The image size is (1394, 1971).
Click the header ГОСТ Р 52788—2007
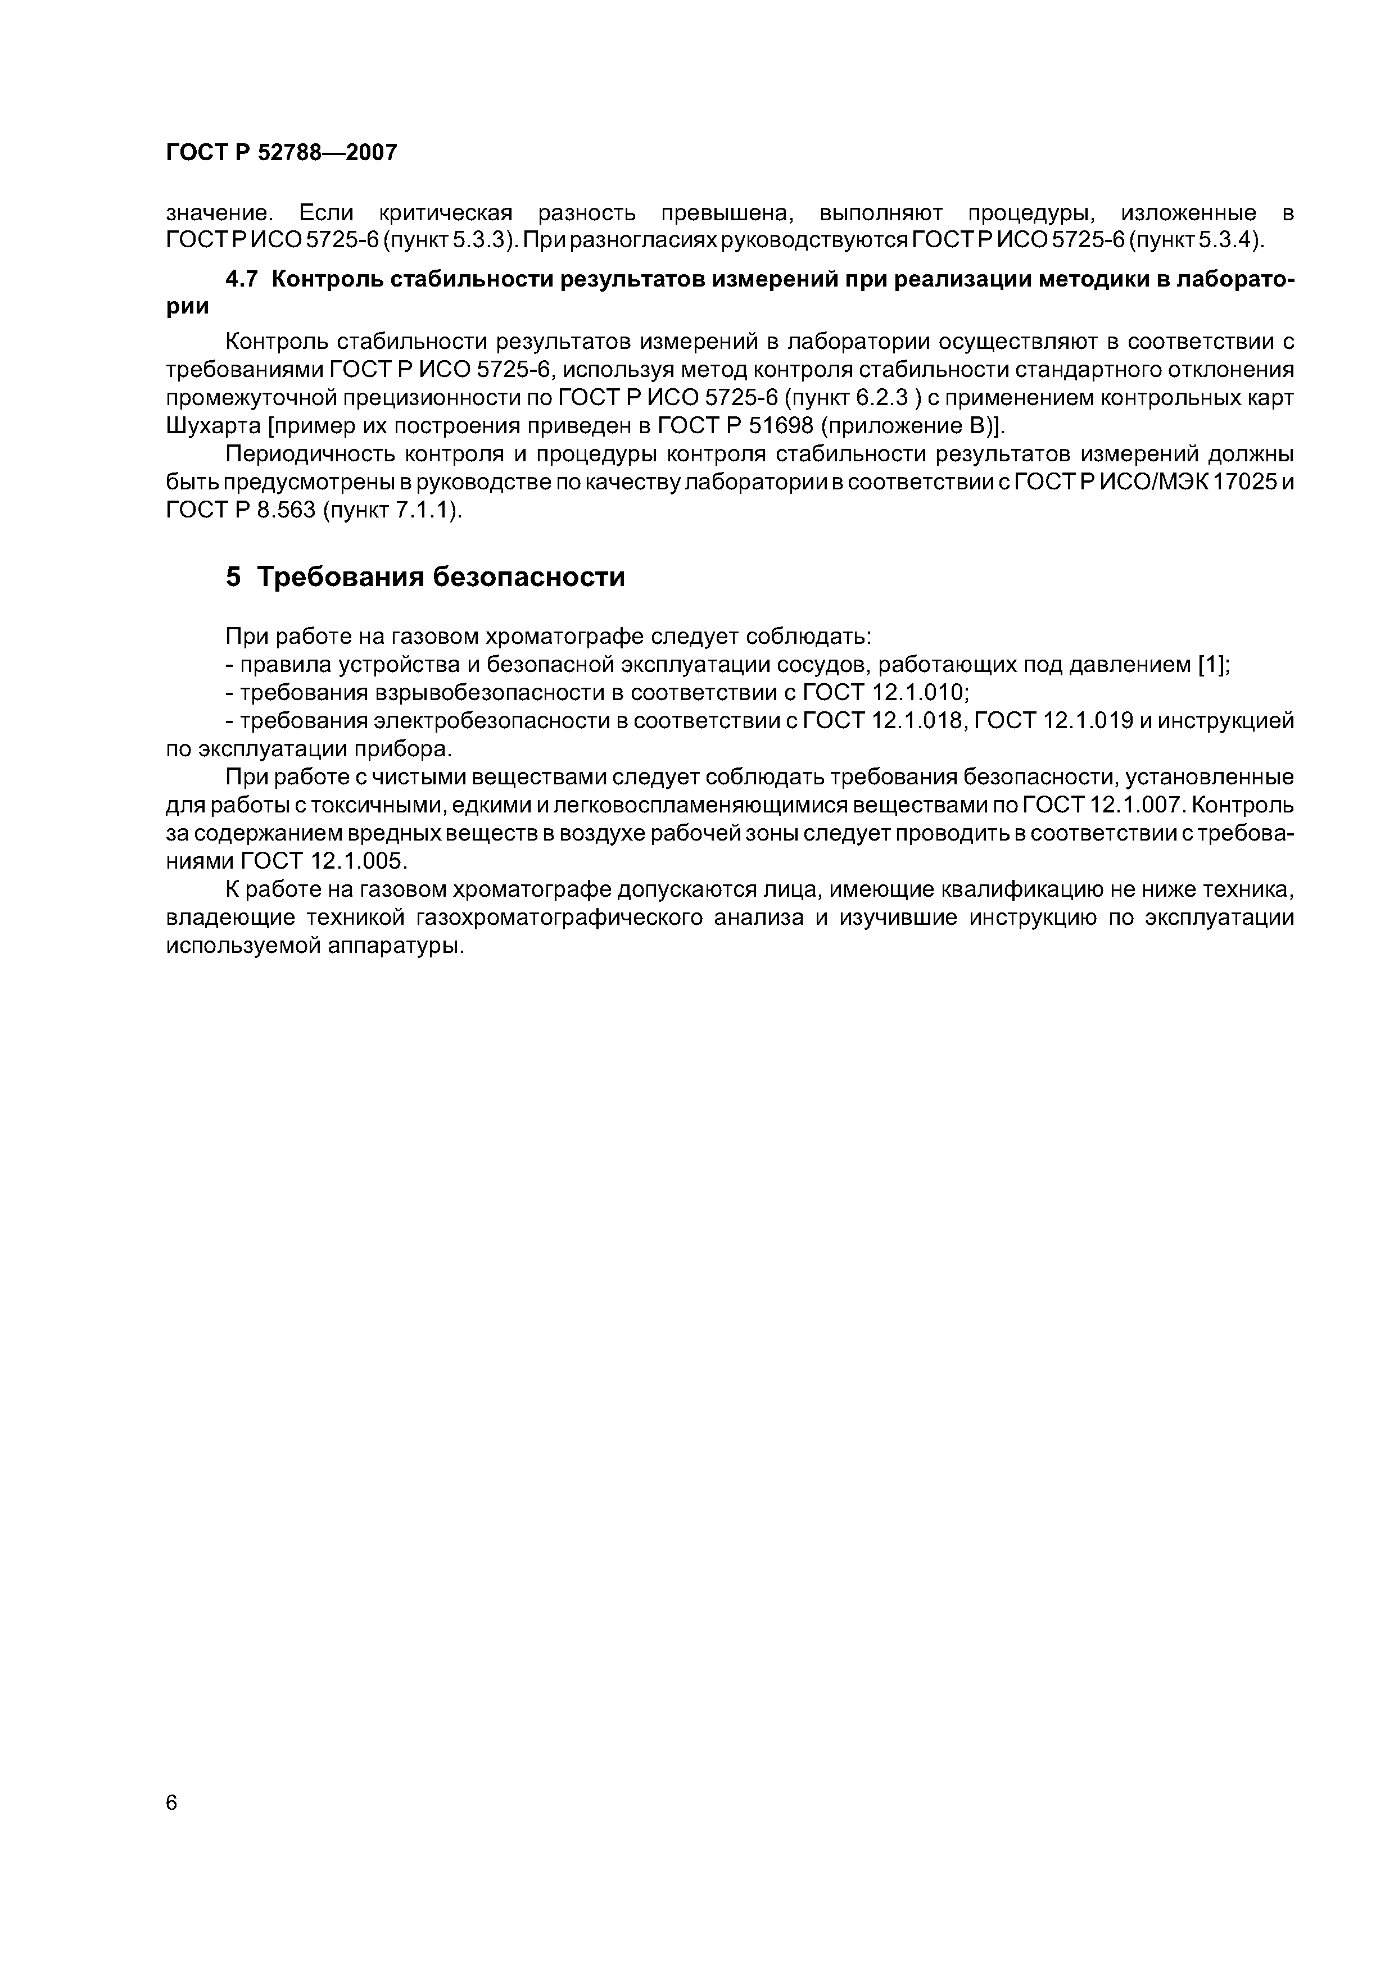[282, 153]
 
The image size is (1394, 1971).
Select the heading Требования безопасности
[441, 577]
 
